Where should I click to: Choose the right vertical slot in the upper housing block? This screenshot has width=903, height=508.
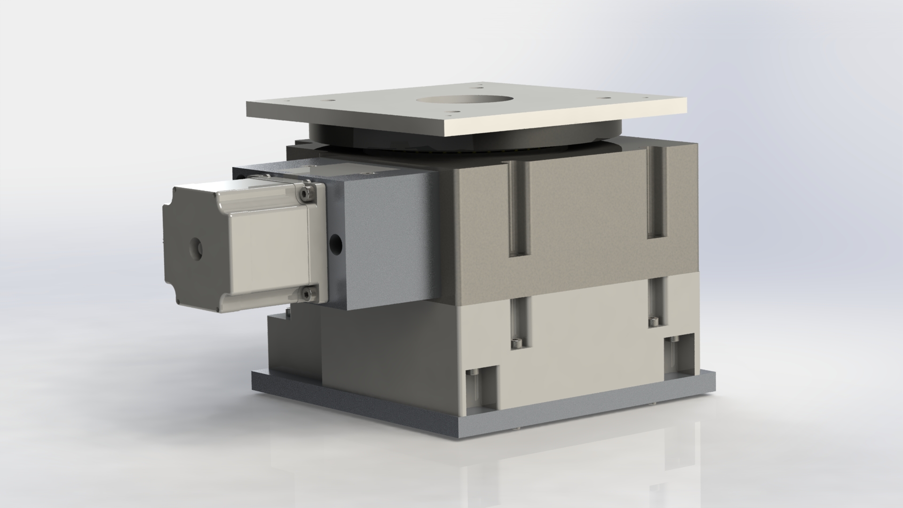[x=657, y=193]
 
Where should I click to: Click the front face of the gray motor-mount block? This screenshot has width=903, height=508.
[x=390, y=245]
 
